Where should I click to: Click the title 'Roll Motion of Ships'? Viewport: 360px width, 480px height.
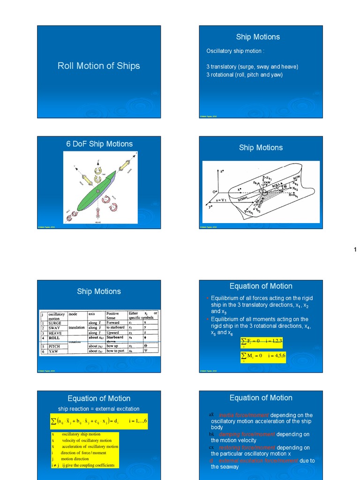pos(98,66)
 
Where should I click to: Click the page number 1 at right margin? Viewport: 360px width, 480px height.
pos(355,250)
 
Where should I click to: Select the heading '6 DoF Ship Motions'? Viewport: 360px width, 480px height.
pos(99,144)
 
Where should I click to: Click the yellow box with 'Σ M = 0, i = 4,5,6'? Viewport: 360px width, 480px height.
pos(262,356)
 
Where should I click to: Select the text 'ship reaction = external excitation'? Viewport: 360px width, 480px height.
pos(98,409)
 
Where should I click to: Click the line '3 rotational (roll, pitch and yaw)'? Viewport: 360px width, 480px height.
pos(245,75)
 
